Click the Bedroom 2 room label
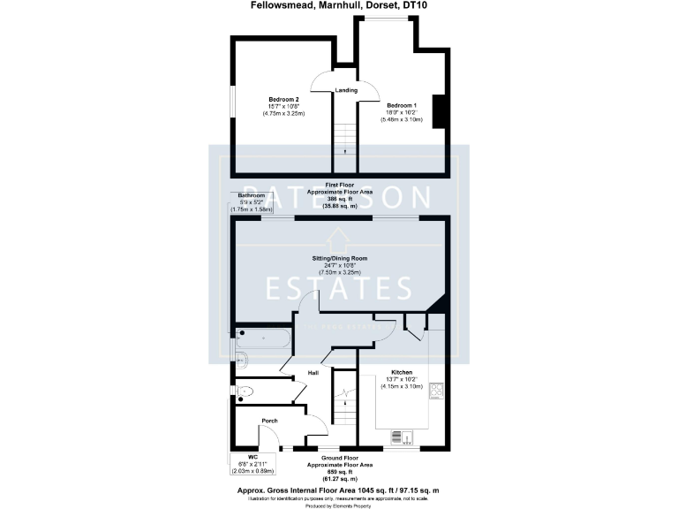(285, 99)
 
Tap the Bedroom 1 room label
(401, 105)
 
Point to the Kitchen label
(401, 373)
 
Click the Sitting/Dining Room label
(339, 258)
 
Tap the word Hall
(313, 374)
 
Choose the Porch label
(269, 421)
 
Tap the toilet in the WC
(245, 390)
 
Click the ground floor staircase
(345, 406)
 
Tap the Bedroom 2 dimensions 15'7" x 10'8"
(285, 106)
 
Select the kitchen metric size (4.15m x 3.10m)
(401, 386)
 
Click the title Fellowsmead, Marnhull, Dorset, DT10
(338, 8)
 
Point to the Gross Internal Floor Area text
(339, 489)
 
